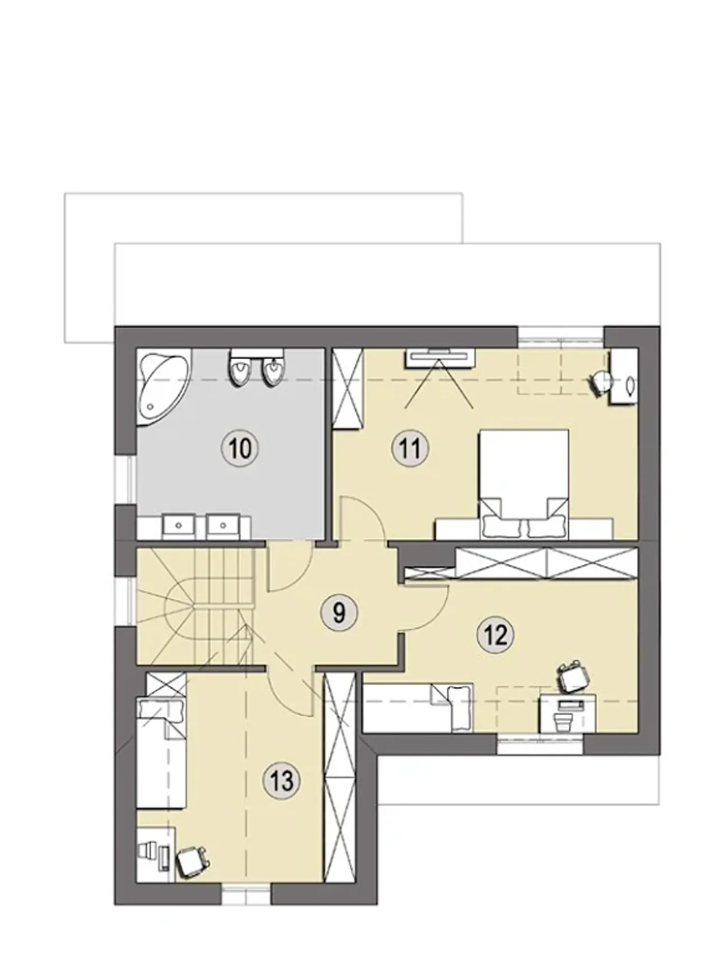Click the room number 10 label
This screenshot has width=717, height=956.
[x=240, y=448]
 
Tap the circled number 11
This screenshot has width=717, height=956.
[x=411, y=448]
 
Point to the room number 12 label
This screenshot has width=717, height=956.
[x=496, y=635]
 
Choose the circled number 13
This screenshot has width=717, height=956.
[x=281, y=780]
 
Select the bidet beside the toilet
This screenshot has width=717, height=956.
[x=273, y=369]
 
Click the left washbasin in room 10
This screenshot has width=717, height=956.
[x=179, y=525]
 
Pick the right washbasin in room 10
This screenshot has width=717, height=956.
[x=224, y=525]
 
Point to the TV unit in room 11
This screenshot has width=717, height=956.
[x=440, y=357]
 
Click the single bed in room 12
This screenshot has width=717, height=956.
[x=418, y=707]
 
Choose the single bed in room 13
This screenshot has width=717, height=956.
[x=162, y=753]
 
